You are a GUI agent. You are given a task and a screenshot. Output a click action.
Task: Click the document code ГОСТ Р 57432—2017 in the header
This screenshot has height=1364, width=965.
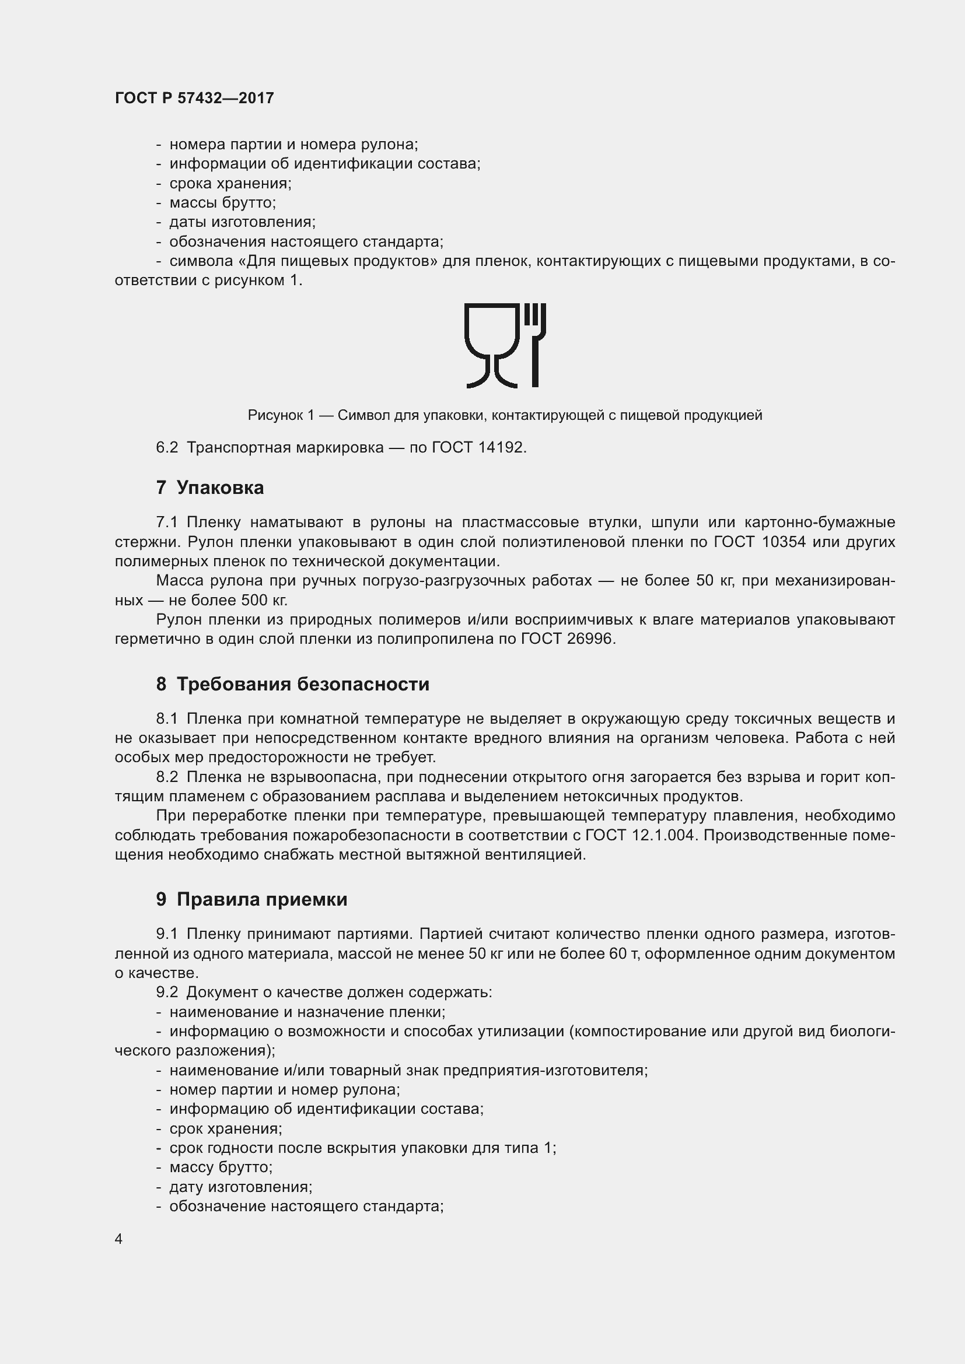194,98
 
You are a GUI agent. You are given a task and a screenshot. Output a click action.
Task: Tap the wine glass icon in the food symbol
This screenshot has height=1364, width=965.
492,345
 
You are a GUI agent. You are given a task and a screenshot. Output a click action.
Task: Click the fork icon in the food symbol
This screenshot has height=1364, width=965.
535,345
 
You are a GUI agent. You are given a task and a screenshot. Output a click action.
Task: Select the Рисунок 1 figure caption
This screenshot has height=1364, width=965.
505,415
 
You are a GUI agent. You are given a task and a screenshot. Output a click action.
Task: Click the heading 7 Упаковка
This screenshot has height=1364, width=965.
210,488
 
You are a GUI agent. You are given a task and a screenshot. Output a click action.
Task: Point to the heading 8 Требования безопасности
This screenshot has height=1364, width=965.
292,685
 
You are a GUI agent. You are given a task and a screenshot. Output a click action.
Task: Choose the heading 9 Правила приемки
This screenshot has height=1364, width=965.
251,899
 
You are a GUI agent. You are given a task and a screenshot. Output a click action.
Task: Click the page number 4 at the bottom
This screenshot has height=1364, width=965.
119,1239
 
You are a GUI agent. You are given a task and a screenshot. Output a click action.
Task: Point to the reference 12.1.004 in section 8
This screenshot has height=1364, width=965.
663,835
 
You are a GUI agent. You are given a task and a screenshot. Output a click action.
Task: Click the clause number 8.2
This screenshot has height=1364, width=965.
167,777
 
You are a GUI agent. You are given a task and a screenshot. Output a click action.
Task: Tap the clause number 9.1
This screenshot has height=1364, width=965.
167,934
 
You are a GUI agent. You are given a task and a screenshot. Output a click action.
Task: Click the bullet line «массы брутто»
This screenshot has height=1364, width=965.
222,202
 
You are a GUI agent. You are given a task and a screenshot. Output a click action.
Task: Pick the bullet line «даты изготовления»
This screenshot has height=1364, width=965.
242,222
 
